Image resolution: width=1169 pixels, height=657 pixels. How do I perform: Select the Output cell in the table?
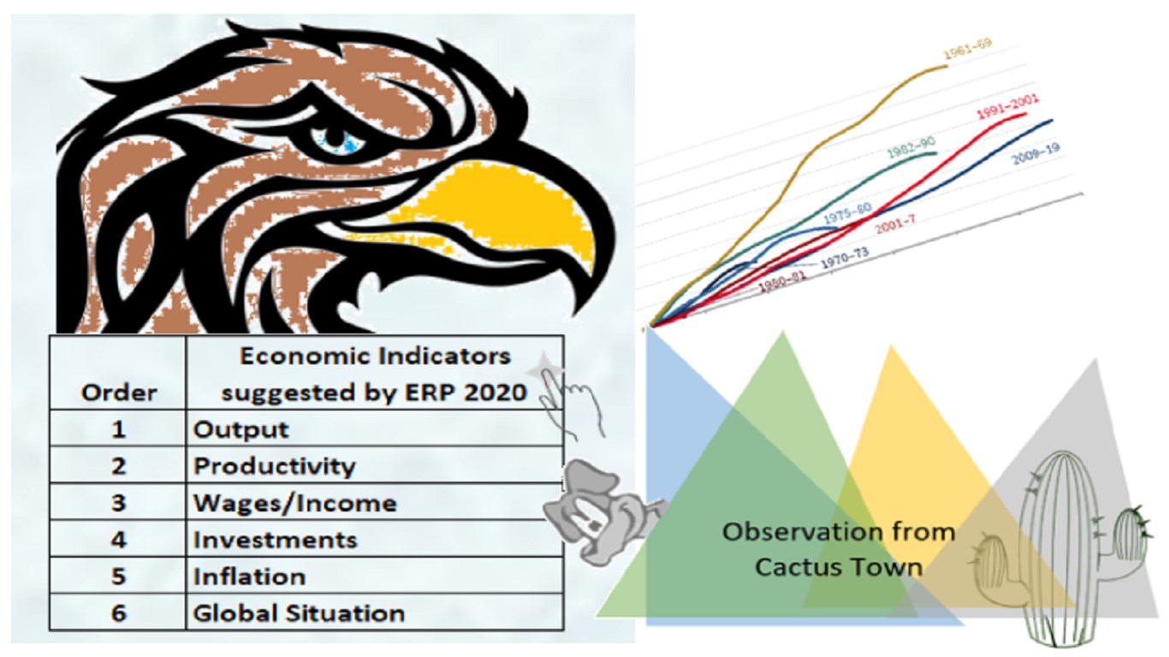pos(375,429)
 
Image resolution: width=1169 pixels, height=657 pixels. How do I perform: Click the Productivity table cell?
pos(375,465)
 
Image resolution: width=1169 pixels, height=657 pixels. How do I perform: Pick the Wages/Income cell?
pos(375,502)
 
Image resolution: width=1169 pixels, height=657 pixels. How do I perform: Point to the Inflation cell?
pos(375,576)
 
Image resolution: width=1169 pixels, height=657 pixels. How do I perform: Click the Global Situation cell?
pos(375,613)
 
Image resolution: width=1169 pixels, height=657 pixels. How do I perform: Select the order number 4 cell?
pos(118,539)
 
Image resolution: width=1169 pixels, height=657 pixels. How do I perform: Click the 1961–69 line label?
pos(968,49)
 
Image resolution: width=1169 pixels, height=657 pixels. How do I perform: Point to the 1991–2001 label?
pos(1008,107)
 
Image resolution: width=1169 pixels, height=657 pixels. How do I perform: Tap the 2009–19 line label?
pos(1035,153)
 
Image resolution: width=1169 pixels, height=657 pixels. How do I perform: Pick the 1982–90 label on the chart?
pos(911,146)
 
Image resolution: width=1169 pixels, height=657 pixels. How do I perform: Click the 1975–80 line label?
pos(847,213)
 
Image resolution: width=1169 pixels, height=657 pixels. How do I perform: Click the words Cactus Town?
pos(838,567)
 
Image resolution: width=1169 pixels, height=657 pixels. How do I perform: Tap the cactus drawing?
pos(1059,548)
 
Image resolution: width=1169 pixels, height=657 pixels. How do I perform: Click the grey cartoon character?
pos(600,514)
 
